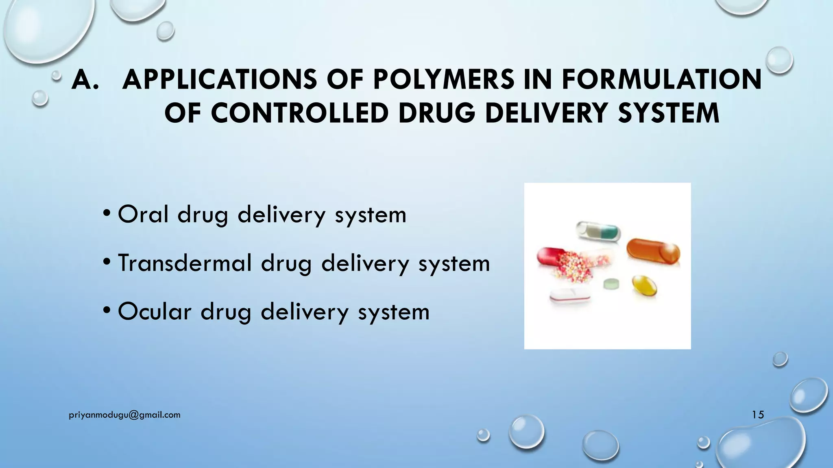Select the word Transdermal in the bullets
pos(185,263)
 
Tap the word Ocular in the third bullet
pos(155,312)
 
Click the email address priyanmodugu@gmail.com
pos(125,415)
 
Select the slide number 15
pos(758,415)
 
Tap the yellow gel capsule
pos(645,285)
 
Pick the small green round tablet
pos(611,284)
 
